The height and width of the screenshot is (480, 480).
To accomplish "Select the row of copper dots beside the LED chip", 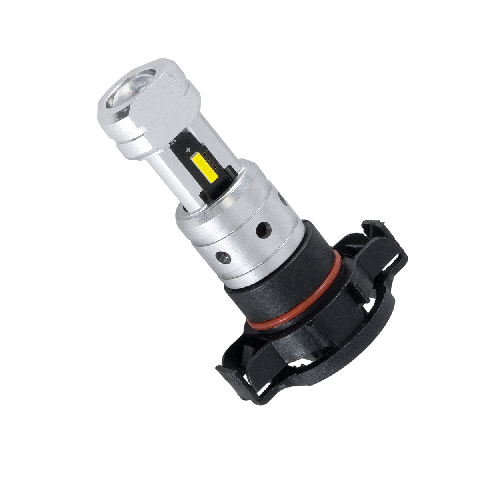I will [208, 161].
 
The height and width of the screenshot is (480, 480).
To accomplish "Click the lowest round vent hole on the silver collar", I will [222, 258].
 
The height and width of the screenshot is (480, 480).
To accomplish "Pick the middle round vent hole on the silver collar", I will [262, 228].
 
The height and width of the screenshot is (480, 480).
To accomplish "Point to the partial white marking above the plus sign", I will [174, 142].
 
